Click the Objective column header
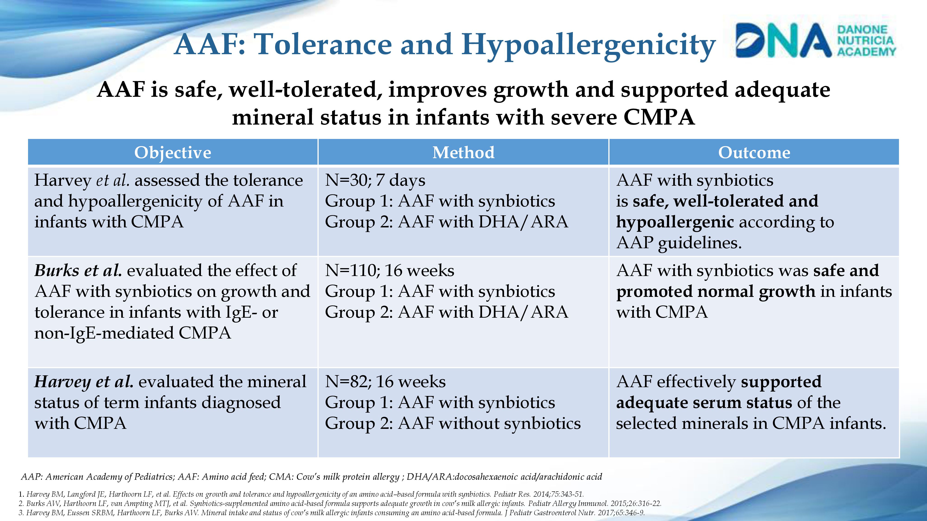point(173,152)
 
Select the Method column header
point(463,152)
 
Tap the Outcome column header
point(754,152)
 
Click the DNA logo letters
point(783,41)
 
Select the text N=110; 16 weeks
point(389,270)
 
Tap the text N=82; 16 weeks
point(385,382)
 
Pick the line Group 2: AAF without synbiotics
point(453,424)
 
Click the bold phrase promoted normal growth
point(715,292)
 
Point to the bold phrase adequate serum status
point(704,403)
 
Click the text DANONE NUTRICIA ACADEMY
point(866,41)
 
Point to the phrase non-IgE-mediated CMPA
point(132,333)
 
